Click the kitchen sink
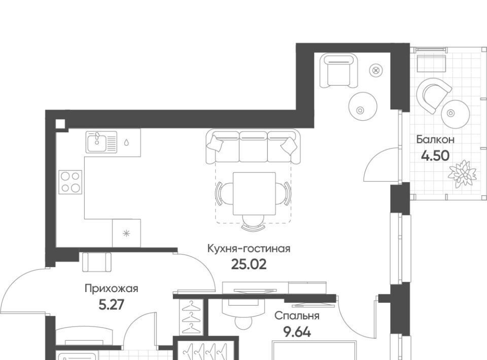[x=101, y=142]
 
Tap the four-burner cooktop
[x=70, y=182]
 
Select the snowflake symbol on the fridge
[x=126, y=233]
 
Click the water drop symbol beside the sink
[x=126, y=142]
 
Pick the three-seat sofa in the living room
[x=253, y=147]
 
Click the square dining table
[x=254, y=194]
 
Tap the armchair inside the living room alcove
[x=338, y=71]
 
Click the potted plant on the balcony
[x=462, y=173]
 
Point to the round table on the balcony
[x=456, y=114]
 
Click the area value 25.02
[x=249, y=264]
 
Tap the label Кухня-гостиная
[x=249, y=249]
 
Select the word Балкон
[x=435, y=139]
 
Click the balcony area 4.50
[x=435, y=156]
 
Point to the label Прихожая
[x=112, y=289]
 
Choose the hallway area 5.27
[x=111, y=305]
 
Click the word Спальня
[x=297, y=316]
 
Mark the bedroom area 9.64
[x=297, y=332]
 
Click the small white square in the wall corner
[x=60, y=124]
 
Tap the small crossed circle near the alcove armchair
[x=376, y=71]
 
